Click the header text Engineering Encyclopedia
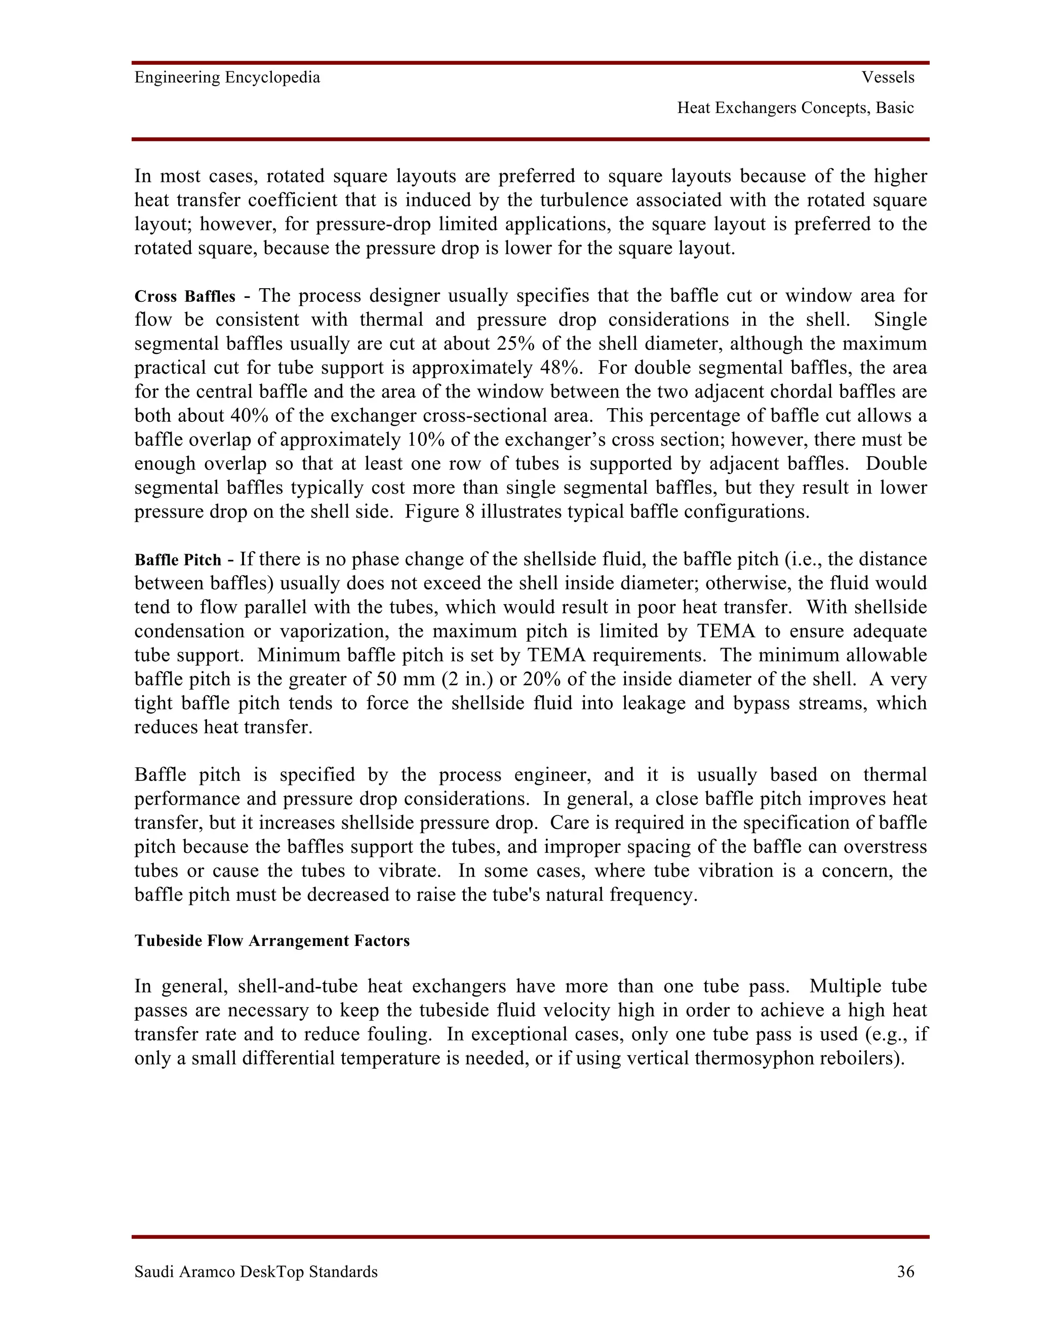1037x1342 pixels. pos(227,77)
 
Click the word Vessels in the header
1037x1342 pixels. pos(888,77)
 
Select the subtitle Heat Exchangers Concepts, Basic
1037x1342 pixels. pos(795,108)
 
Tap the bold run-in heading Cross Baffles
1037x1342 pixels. pos(185,297)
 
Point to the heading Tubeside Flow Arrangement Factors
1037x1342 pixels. pos(271,941)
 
